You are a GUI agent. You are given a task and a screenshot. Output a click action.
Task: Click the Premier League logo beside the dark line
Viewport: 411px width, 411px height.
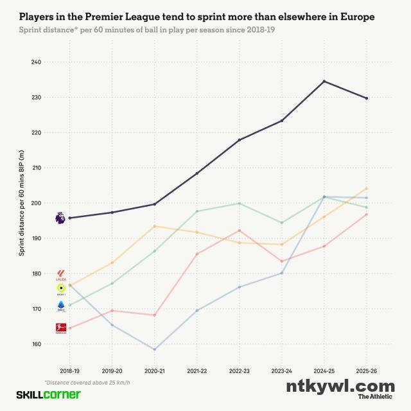click(60, 218)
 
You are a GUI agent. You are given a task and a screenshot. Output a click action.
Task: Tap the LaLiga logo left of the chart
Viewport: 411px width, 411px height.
click(61, 275)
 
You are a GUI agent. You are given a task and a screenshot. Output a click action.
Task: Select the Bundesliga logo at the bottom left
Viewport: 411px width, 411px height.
click(61, 328)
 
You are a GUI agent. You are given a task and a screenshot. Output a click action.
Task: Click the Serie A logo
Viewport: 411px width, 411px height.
click(61, 305)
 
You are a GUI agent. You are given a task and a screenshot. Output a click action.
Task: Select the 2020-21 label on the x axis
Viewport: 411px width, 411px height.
click(155, 372)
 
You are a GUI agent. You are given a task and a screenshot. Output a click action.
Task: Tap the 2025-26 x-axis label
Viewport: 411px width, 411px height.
click(366, 372)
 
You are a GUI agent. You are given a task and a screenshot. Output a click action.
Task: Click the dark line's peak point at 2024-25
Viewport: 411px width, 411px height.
click(324, 82)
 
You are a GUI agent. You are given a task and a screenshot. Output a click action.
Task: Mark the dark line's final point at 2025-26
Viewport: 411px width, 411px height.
click(366, 98)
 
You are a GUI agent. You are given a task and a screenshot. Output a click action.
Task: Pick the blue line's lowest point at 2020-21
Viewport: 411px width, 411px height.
click(155, 349)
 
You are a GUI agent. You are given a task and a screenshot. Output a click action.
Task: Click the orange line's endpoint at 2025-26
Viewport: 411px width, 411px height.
click(366, 188)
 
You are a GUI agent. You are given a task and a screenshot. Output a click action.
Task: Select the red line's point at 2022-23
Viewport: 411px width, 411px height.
click(240, 231)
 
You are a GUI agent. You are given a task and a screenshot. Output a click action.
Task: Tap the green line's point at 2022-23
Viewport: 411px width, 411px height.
click(240, 204)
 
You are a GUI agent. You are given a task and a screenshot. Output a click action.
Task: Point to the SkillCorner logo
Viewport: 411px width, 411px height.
click(48, 394)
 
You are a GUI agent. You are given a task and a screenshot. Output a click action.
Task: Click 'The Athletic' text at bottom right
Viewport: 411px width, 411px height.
click(376, 397)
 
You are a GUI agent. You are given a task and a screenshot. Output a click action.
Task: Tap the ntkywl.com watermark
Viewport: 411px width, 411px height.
click(340, 386)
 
